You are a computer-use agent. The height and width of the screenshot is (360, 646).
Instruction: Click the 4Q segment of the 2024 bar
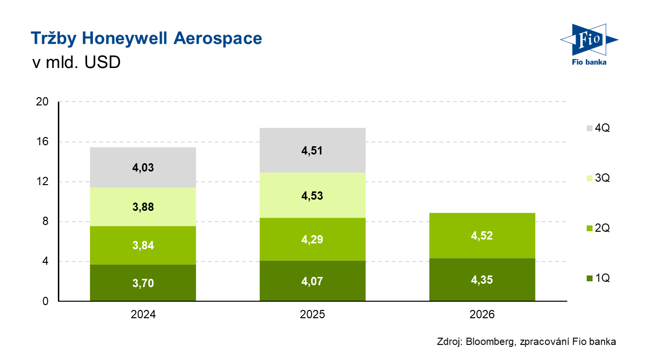(x=143, y=168)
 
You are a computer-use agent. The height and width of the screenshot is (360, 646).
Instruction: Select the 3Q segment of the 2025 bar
(x=313, y=195)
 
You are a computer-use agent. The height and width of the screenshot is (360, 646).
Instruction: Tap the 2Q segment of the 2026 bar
(x=482, y=236)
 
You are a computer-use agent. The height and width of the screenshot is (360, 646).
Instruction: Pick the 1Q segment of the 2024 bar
(x=143, y=283)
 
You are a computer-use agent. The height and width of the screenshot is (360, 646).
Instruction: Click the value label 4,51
(x=312, y=151)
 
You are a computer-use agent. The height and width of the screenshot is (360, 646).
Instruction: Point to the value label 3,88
(x=143, y=207)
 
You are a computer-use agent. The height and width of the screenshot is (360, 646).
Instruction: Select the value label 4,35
(x=482, y=280)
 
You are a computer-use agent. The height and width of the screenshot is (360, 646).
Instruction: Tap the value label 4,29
(x=312, y=240)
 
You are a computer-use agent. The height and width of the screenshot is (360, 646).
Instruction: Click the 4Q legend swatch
(x=590, y=128)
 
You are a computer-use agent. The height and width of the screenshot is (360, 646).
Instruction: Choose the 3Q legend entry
(x=598, y=178)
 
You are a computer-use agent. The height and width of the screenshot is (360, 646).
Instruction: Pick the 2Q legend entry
(x=598, y=228)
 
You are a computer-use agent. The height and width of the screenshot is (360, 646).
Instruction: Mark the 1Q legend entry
(x=598, y=278)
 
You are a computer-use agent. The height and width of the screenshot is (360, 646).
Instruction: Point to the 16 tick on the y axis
(x=42, y=141)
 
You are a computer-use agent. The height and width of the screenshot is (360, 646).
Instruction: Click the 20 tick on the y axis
(x=42, y=102)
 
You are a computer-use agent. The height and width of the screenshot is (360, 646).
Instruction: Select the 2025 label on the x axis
(x=313, y=314)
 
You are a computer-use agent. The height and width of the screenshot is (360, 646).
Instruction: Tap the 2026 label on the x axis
(x=482, y=314)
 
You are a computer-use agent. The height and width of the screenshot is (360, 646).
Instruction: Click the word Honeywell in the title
(x=124, y=39)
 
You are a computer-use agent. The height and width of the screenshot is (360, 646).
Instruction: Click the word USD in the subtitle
(x=103, y=62)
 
